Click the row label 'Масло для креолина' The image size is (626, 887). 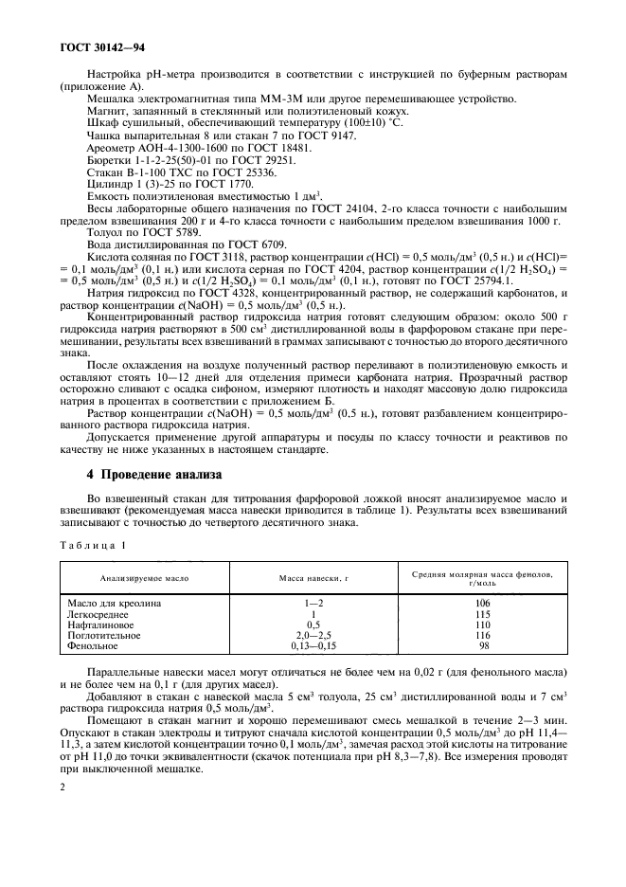click(x=115, y=603)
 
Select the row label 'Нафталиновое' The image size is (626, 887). click(x=101, y=625)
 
